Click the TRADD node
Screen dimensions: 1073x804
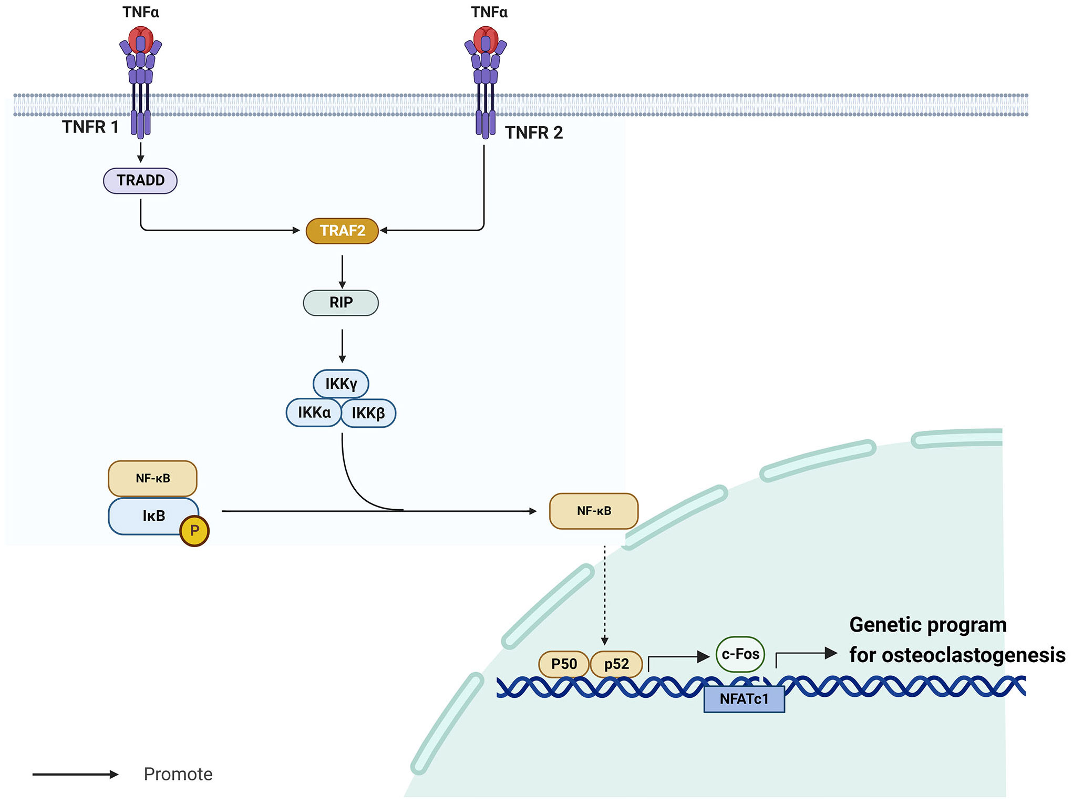(140, 181)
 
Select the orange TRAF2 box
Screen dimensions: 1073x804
(342, 231)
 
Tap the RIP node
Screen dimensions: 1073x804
(341, 303)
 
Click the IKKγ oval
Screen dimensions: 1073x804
(341, 384)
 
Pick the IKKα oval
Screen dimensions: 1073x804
(314, 413)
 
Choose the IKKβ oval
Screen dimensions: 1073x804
(368, 413)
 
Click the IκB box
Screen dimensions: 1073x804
(153, 516)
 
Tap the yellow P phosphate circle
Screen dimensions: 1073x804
(194, 531)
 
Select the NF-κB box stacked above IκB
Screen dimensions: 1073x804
(153, 479)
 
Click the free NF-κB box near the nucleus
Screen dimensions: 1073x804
(594, 511)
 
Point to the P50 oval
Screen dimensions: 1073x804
(564, 664)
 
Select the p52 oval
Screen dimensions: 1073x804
(616, 664)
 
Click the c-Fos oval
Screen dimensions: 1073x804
(740, 654)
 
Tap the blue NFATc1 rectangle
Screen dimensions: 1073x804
(744, 699)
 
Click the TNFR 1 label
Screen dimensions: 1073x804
(90, 127)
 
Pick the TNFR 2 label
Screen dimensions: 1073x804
(534, 133)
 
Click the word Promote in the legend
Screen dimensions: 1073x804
(178, 774)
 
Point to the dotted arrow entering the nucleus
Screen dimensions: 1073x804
(605, 595)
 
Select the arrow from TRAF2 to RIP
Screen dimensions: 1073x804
(342, 272)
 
